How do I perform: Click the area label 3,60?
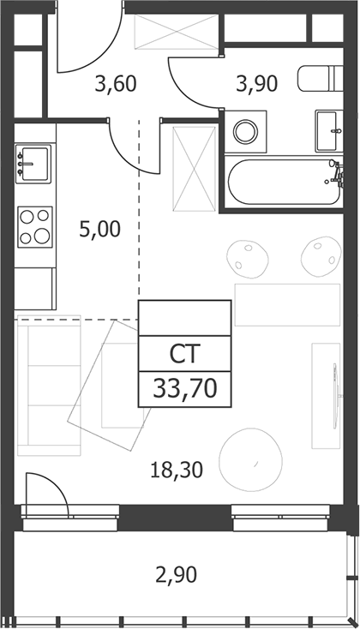pyautogui.click(x=116, y=84)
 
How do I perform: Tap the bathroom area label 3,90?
pyautogui.click(x=257, y=84)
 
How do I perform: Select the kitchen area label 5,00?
pyautogui.click(x=100, y=230)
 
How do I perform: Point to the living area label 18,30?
pyautogui.click(x=177, y=470)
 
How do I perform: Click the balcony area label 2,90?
pyautogui.click(x=177, y=574)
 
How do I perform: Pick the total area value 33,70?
pyautogui.click(x=185, y=389)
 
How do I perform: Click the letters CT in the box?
pyautogui.click(x=184, y=354)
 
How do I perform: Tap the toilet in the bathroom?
pyautogui.click(x=321, y=78)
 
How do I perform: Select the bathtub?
pyautogui.click(x=285, y=182)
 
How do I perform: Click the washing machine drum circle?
pyautogui.click(x=246, y=131)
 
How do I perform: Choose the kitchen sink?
pyautogui.click(x=33, y=164)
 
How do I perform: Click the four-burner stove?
pyautogui.click(x=35, y=226)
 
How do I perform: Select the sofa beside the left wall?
pyautogui.click(x=49, y=385)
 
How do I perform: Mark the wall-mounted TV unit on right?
pyautogui.click(x=326, y=396)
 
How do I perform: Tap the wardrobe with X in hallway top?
pyautogui.click(x=177, y=32)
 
